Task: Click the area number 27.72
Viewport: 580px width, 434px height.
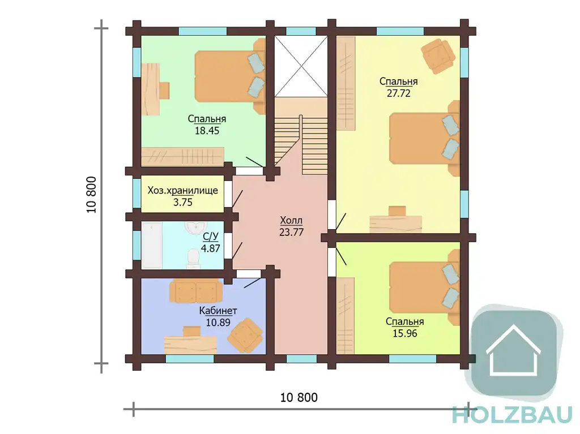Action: click(398, 93)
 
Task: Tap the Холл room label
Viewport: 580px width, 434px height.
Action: click(291, 220)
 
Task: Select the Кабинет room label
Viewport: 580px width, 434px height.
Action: click(218, 311)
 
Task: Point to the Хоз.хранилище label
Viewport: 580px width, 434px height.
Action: click(183, 190)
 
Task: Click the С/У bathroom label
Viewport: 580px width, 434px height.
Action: click(211, 236)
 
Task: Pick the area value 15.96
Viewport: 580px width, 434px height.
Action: click(404, 333)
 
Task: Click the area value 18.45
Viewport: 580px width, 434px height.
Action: click(207, 131)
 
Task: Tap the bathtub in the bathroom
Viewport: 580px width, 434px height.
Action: click(152, 245)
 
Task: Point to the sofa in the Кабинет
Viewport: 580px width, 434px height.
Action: click(196, 291)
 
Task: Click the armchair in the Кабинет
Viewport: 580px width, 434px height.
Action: click(245, 336)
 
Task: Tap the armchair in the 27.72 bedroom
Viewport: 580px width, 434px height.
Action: click(438, 55)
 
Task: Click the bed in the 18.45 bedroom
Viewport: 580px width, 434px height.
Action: click(230, 76)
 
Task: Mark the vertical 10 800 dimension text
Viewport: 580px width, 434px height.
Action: click(91, 195)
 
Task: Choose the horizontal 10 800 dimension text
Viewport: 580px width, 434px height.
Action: click(299, 398)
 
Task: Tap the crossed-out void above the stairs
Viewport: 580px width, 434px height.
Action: click(301, 67)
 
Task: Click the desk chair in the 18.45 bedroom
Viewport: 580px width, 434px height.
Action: click(164, 91)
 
